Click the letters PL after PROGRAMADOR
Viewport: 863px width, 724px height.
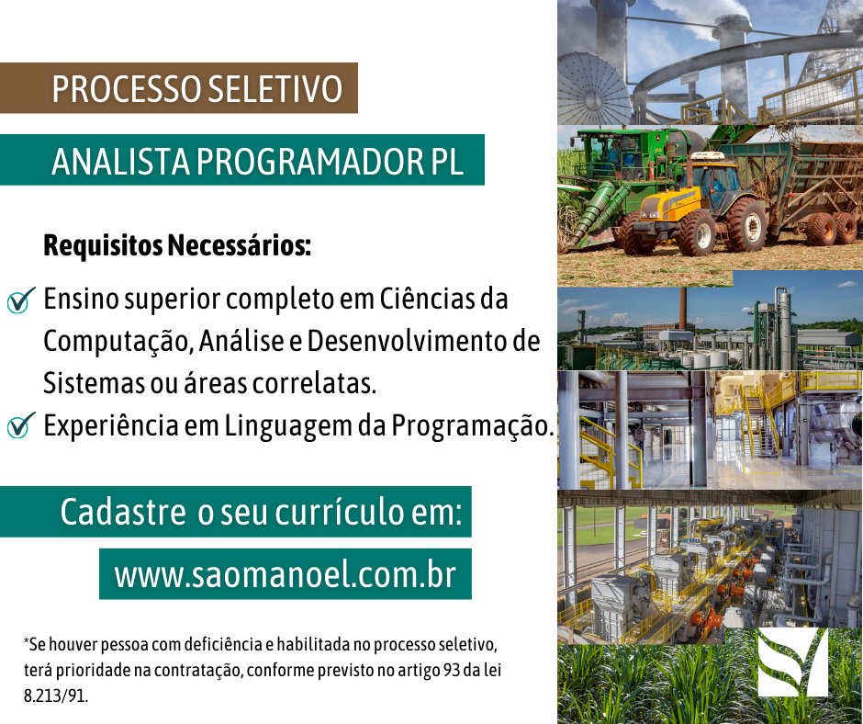(x=447, y=162)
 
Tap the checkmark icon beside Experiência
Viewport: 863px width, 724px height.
(x=19, y=426)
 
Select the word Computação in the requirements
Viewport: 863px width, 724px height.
(x=115, y=342)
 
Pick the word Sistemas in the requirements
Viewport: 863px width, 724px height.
(x=86, y=382)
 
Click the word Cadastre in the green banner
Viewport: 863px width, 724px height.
(x=122, y=512)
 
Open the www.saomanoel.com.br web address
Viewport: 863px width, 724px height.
(x=285, y=575)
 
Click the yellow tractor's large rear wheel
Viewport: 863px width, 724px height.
(x=745, y=224)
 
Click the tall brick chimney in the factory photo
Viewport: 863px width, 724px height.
(x=682, y=308)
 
